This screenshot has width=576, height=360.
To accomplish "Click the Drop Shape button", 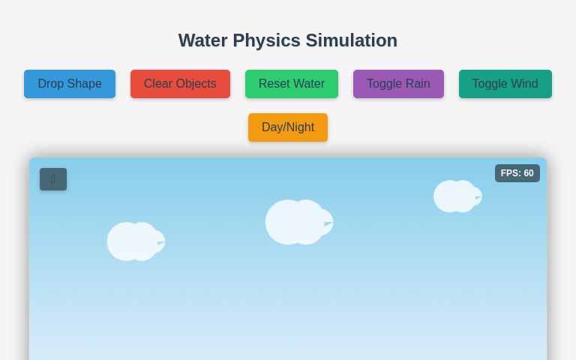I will coord(70,84).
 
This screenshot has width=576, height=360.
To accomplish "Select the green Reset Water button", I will coord(291,84).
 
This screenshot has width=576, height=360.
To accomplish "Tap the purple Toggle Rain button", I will coord(398,84).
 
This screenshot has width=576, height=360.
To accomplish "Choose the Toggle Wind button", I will coord(505,84).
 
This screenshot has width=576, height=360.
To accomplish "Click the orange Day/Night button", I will coord(288,127).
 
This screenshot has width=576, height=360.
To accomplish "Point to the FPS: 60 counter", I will coord(517,173).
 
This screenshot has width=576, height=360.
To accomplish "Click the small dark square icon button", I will coord(53,179).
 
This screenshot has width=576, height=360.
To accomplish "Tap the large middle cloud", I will coord(298,222).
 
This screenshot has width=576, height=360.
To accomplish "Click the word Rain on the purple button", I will coord(417,84).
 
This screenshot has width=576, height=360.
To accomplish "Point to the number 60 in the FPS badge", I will coord(528,173).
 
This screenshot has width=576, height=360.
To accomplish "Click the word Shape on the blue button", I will coord(85,84).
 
